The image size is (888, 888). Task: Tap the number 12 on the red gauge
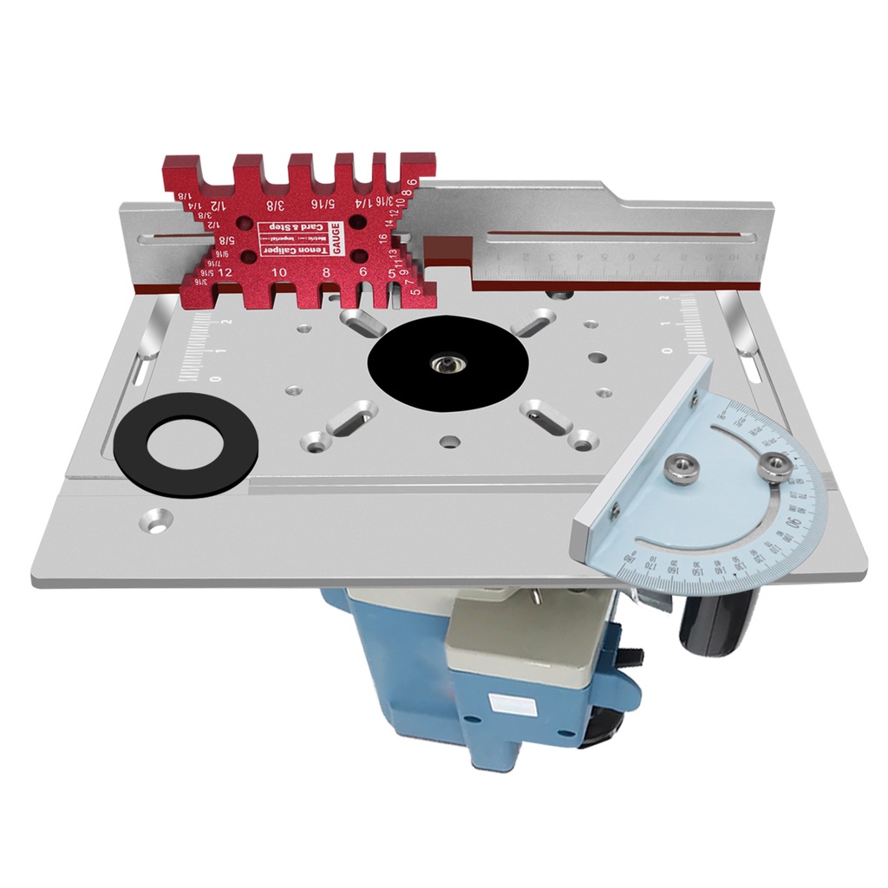tap(225, 272)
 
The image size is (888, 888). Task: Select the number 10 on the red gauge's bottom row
tap(279, 272)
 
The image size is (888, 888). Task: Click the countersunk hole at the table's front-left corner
tap(157, 522)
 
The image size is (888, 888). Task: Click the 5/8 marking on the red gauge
tap(225, 240)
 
